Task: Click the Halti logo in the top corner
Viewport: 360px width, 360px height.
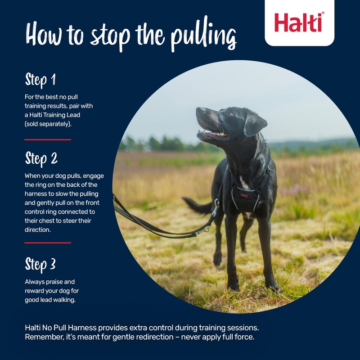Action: point(299,22)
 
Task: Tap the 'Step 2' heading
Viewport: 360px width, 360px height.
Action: point(41,158)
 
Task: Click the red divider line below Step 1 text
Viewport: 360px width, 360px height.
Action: point(48,139)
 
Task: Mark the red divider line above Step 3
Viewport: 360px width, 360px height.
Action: point(48,243)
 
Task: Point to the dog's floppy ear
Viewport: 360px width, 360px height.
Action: point(254,124)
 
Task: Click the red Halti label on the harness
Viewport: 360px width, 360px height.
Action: point(244,195)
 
